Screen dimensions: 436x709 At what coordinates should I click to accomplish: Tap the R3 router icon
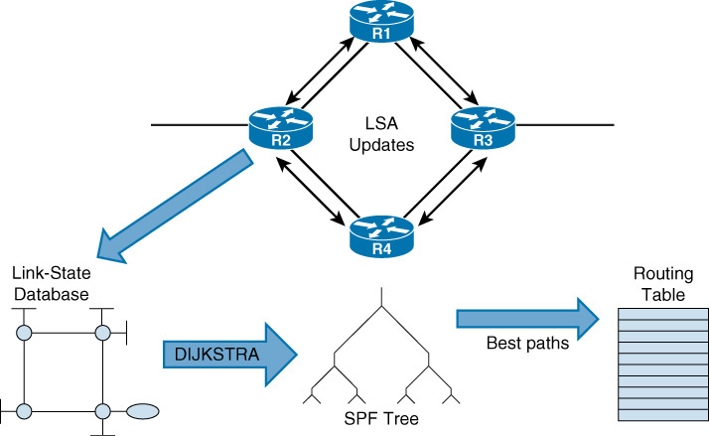point(482,127)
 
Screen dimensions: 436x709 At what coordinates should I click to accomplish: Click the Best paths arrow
point(527,317)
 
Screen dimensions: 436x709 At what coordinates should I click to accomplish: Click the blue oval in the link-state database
point(143,408)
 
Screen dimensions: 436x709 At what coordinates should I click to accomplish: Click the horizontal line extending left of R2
point(199,126)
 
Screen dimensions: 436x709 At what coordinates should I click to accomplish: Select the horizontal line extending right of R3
point(566,126)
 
